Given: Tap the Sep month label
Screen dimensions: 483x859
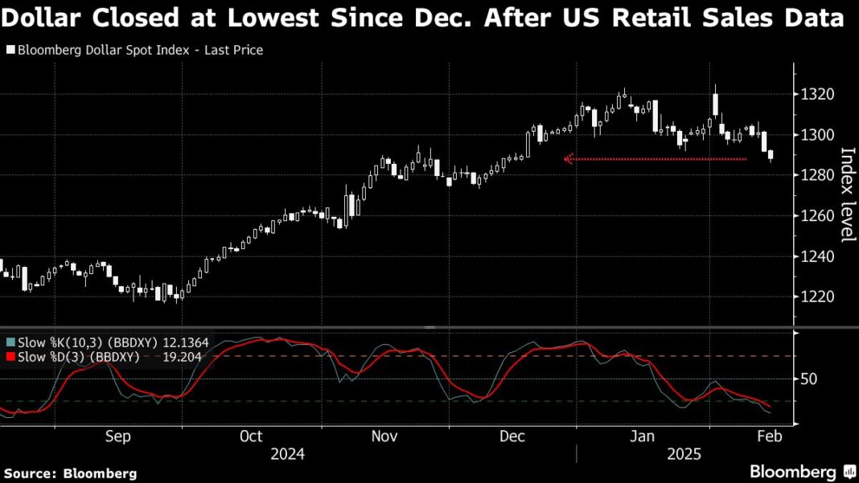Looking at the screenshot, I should click(x=117, y=436).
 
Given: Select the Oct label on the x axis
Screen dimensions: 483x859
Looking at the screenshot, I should click(x=251, y=436).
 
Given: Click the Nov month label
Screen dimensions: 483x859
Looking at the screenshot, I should click(x=384, y=436).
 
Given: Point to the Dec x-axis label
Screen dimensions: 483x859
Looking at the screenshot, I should click(x=512, y=436).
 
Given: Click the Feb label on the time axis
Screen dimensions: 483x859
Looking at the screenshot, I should click(x=769, y=436).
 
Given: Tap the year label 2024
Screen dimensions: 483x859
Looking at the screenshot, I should click(x=287, y=455).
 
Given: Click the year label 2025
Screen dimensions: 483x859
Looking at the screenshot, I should click(x=684, y=455).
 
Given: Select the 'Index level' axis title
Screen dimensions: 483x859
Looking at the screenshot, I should click(x=846, y=194).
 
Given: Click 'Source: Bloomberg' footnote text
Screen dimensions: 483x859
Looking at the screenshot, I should click(x=71, y=473).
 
